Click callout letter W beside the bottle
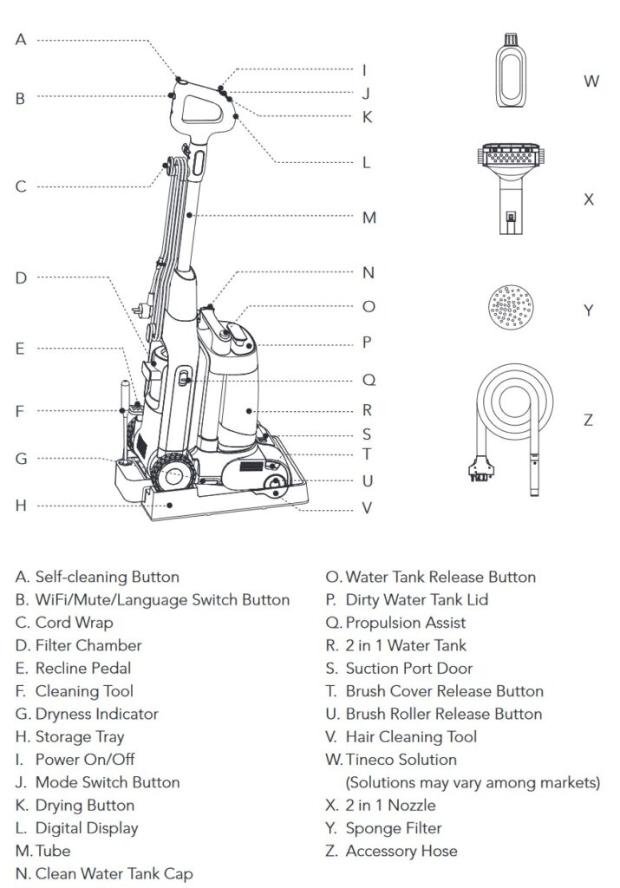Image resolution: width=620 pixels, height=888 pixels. (x=591, y=82)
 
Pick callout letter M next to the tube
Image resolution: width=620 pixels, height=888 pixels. (x=369, y=217)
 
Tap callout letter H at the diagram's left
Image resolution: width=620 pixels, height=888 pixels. (x=21, y=505)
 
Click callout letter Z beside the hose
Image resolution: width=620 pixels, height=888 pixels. (x=589, y=420)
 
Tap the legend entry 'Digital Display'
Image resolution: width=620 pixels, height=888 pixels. (x=87, y=828)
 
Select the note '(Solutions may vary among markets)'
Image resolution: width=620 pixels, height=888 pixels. (x=473, y=783)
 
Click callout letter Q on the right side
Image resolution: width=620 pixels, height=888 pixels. (x=369, y=379)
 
